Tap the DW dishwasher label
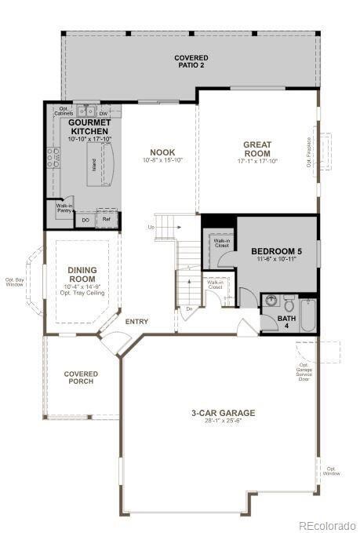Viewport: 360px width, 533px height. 104,114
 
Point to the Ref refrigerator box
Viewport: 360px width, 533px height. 107,220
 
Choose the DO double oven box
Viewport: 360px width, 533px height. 85,220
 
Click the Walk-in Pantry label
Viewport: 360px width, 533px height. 64,209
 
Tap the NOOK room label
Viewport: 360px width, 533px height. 162,152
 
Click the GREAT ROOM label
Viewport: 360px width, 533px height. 256,148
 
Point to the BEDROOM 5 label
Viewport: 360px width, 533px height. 275,252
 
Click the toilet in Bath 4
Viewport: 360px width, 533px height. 289,303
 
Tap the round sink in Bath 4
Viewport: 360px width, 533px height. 270,301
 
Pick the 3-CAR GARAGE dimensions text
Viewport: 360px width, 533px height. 224,422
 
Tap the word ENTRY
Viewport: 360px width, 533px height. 136,321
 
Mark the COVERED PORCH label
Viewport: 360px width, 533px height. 81,378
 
